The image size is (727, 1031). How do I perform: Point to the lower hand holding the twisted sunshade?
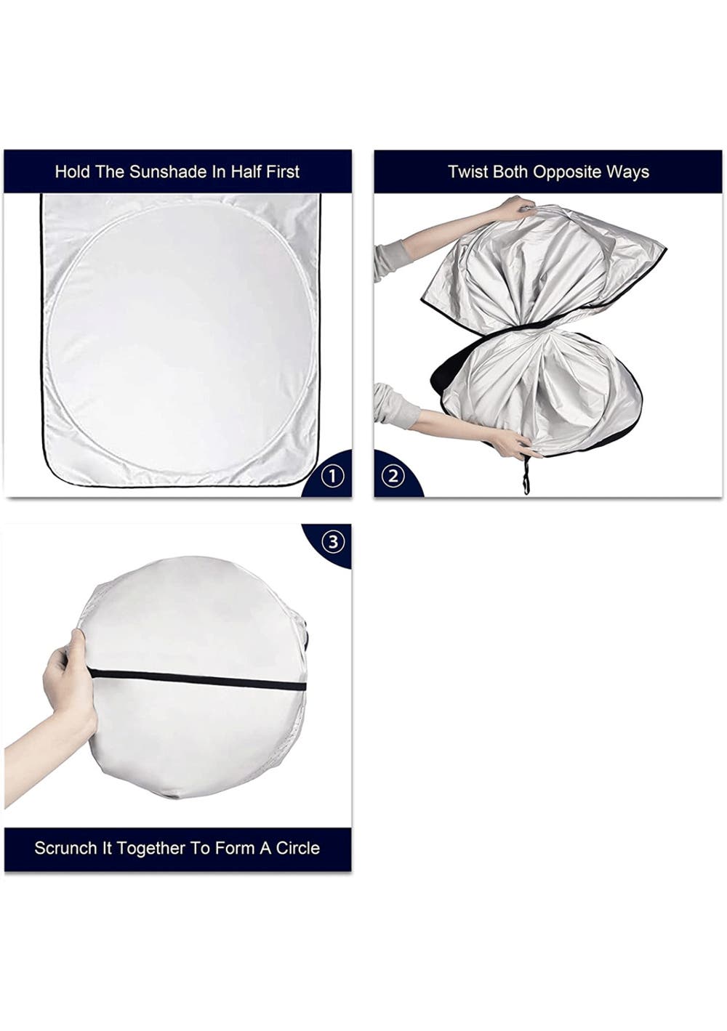click(510, 443)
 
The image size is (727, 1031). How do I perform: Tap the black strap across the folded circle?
click(196, 679)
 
